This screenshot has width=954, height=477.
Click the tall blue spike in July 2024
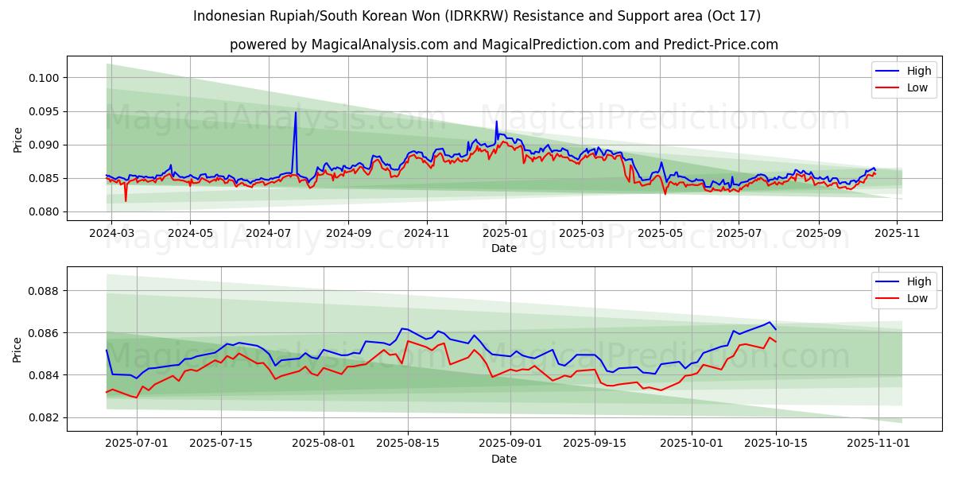pyautogui.click(x=296, y=113)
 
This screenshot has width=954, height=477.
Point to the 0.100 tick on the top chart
pyautogui.click(x=44, y=78)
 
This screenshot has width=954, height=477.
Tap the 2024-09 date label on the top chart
pyautogui.click(x=347, y=233)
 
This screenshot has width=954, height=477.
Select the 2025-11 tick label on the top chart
pyautogui.click(x=897, y=233)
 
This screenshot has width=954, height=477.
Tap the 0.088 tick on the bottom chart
pyautogui.click(x=44, y=291)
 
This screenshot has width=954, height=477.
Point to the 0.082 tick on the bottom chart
pyautogui.click(x=44, y=417)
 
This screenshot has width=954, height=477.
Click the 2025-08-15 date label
pyautogui.click(x=408, y=443)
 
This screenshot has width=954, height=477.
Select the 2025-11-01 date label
pyautogui.click(x=878, y=443)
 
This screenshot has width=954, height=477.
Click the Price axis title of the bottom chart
pyautogui.click(x=18, y=349)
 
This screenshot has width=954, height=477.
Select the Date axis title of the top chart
pyautogui.click(x=504, y=248)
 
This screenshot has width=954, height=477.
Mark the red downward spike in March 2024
pyautogui.click(x=126, y=200)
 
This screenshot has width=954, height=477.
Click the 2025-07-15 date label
pyautogui.click(x=221, y=443)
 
